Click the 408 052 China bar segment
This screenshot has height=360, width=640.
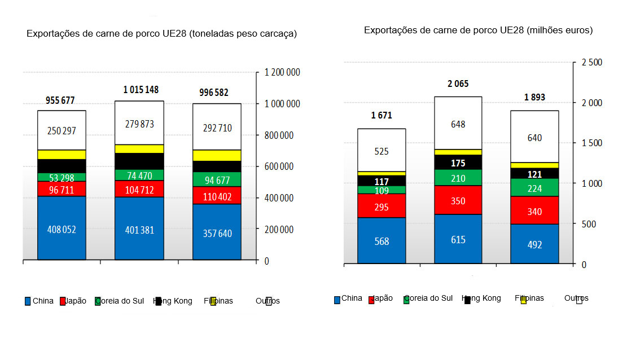(62, 229)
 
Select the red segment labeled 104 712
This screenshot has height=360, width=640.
(139, 188)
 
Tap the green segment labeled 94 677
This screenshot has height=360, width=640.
(217, 179)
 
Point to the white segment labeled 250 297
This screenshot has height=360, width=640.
(62, 130)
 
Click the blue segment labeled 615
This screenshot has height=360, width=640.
(458, 239)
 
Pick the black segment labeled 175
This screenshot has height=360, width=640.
(458, 163)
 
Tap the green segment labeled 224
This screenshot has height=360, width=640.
(534, 188)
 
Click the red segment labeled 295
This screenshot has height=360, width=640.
(382, 207)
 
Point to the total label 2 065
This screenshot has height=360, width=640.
(458, 84)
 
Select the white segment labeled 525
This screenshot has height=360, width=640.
(382, 151)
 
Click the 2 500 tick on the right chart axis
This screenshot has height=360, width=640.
(591, 62)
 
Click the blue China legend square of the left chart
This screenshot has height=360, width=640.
(28, 301)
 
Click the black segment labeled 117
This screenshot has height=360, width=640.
(382, 182)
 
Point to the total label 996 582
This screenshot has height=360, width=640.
(217, 93)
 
